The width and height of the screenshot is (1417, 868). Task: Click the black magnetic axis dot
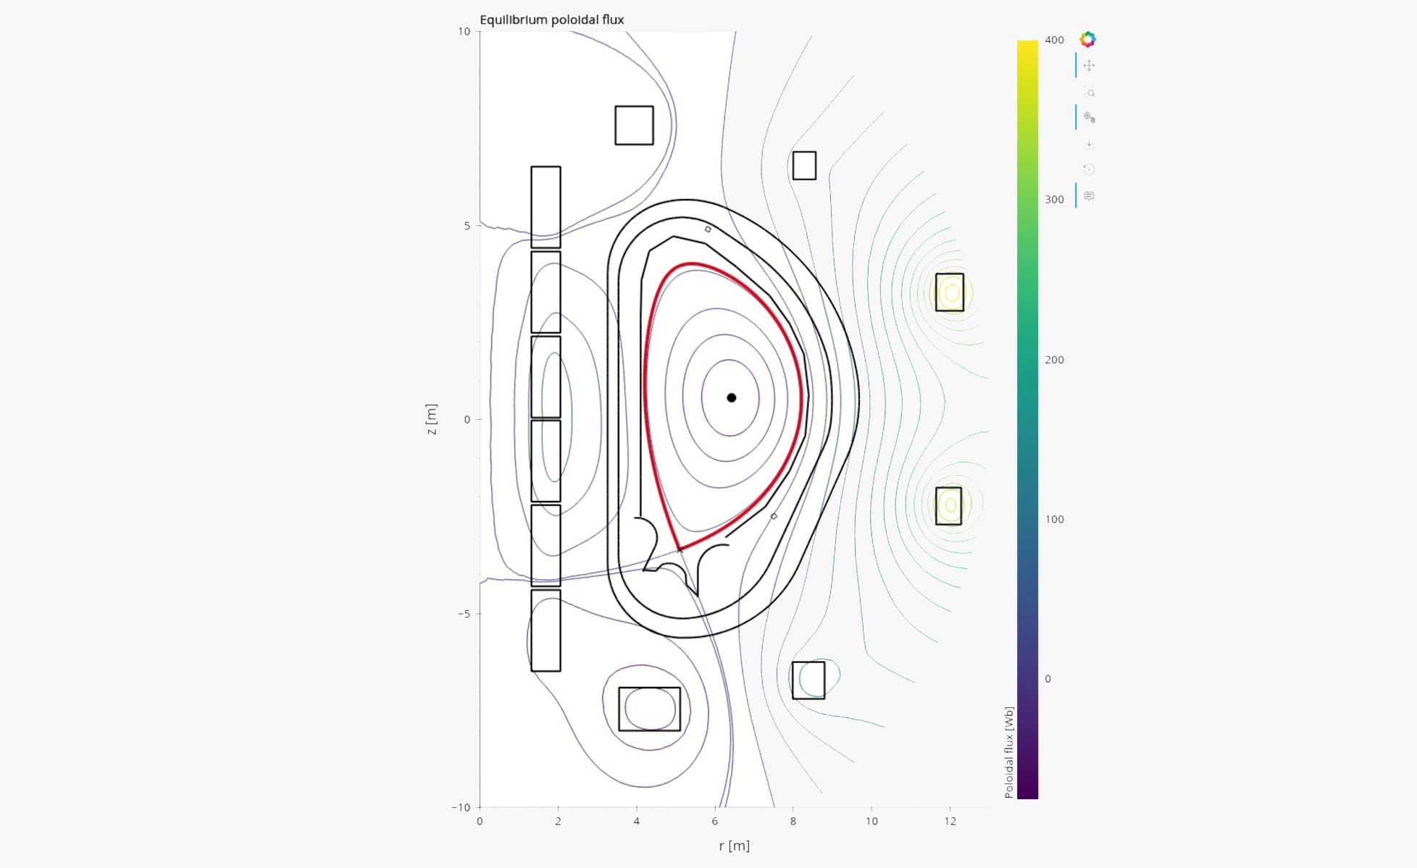(x=732, y=397)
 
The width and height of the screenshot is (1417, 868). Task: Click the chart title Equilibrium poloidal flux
(x=551, y=20)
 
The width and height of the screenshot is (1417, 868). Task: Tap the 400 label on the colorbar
(x=1054, y=40)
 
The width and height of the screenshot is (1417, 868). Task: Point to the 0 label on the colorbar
(x=1048, y=679)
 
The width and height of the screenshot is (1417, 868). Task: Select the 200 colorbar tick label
(x=1054, y=360)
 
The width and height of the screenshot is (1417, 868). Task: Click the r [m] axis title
(x=735, y=846)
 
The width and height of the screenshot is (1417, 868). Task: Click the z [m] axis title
(x=432, y=419)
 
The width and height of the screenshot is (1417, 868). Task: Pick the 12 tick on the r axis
(x=950, y=821)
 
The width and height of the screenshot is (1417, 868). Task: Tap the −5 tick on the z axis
(x=463, y=614)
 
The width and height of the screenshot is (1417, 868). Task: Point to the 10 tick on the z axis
(x=464, y=31)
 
